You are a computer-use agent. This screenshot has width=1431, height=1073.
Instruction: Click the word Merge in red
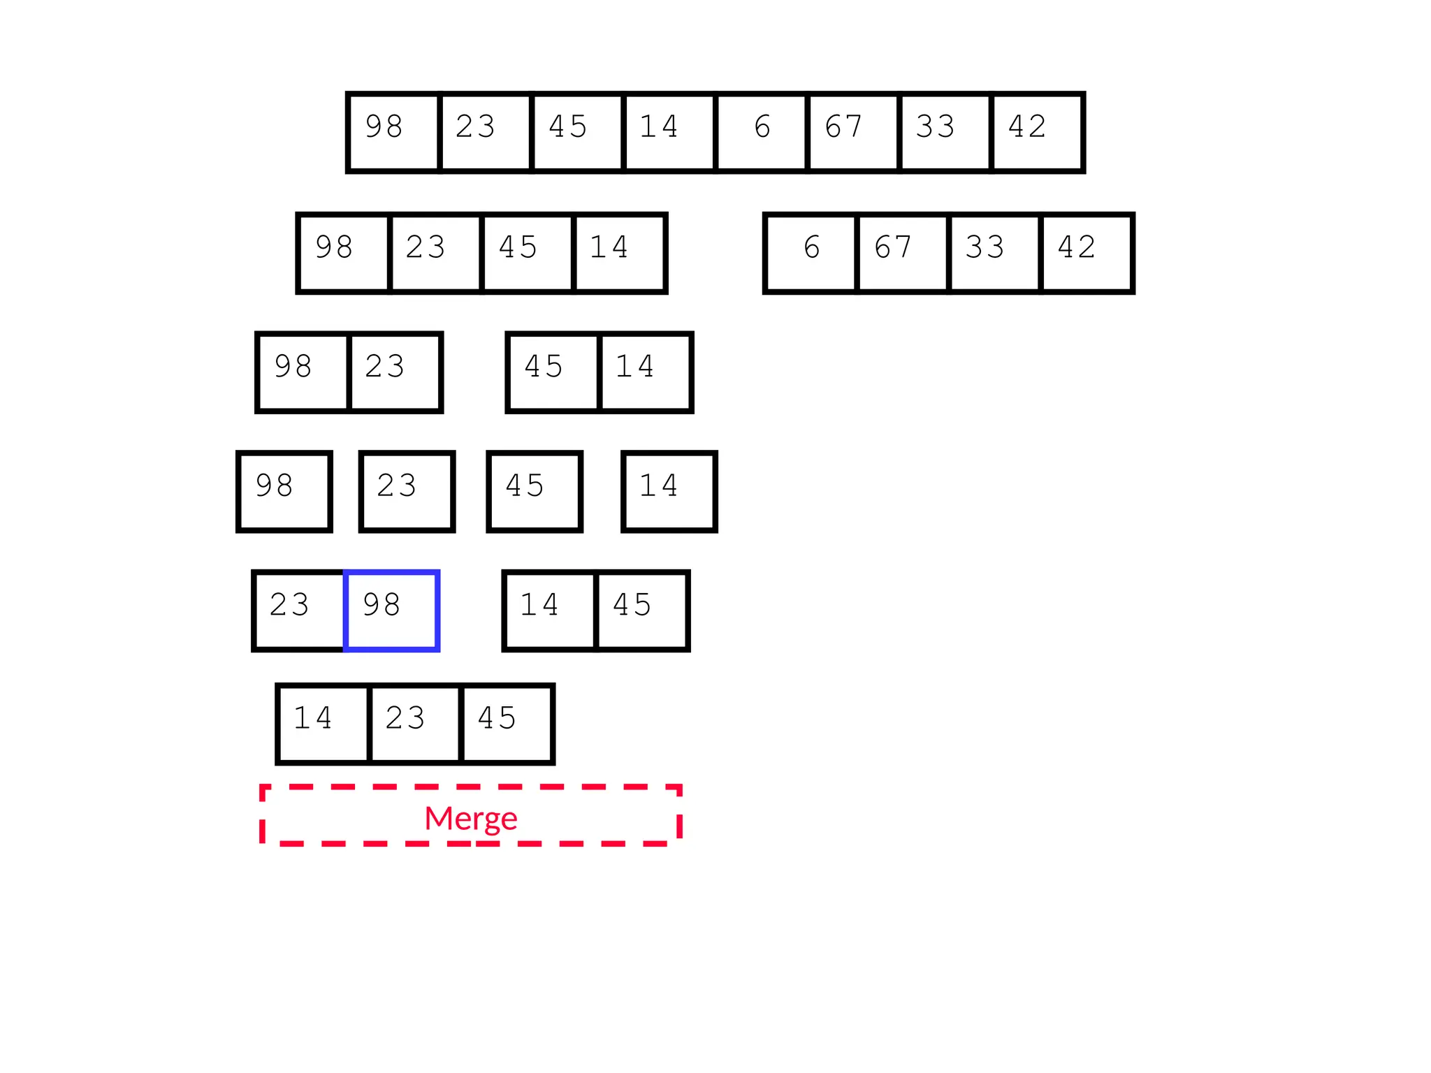[x=470, y=818]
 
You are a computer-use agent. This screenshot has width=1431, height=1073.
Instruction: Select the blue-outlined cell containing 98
[x=391, y=611]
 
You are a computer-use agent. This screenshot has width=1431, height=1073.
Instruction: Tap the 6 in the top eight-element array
[x=762, y=132]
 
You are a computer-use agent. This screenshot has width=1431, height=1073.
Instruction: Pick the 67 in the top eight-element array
[x=853, y=132]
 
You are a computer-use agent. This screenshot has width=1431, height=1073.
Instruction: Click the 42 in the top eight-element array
[x=1037, y=132]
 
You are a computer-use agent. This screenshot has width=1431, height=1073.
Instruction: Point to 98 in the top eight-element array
[x=393, y=132]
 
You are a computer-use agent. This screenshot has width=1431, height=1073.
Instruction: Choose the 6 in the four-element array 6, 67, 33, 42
[x=811, y=253]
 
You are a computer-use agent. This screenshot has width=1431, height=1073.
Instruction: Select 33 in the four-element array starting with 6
[x=994, y=253]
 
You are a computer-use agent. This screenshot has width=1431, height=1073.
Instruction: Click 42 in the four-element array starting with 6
[x=1086, y=253]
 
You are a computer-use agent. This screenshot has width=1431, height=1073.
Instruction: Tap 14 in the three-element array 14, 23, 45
[x=323, y=724]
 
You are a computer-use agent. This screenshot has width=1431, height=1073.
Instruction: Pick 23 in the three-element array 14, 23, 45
[x=415, y=724]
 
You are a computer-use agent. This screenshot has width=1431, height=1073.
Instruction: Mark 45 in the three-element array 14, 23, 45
[x=507, y=724]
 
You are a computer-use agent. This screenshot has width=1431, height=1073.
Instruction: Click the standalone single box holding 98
[x=284, y=492]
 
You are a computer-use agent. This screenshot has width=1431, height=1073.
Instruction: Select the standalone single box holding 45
[x=535, y=492]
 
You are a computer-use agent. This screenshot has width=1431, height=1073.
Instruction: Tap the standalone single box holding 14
[x=669, y=492]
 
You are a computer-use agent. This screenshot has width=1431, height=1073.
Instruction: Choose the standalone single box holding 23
[x=407, y=492]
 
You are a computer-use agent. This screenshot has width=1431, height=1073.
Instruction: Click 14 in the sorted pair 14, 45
[x=550, y=611]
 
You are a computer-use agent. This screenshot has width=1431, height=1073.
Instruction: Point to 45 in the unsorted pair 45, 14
[x=553, y=372]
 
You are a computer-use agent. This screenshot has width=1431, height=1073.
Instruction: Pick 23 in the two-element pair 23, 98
[x=299, y=611]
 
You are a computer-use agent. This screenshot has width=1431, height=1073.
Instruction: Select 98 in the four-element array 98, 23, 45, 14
[x=343, y=253]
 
